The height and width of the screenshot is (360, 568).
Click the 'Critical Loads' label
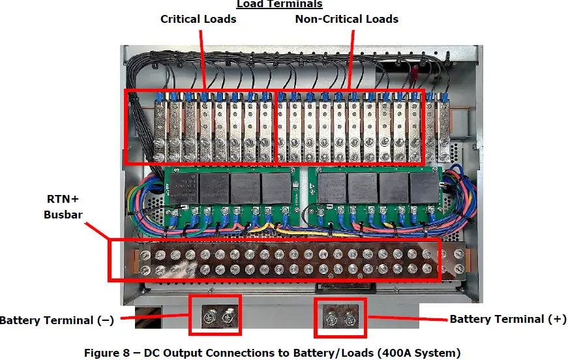point(198,19)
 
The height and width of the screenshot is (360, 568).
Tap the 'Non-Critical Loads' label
point(346,19)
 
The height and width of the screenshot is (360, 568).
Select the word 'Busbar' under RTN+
point(63,214)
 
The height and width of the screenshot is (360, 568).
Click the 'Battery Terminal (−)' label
point(58,320)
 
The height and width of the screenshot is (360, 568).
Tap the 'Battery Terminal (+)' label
point(508,319)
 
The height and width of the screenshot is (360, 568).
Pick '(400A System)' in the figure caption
point(415,353)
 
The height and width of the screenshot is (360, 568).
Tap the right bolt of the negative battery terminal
point(226,318)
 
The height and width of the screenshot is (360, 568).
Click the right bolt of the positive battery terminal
point(351,320)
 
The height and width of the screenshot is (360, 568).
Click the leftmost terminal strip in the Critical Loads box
point(159,127)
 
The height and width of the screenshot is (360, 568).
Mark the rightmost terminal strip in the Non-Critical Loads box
point(415,127)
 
